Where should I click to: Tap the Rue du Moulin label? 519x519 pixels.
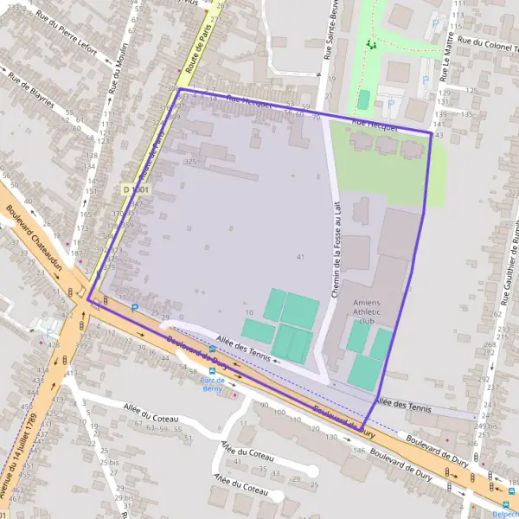(x=113, y=68)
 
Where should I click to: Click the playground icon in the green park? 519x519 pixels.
(x=371, y=44)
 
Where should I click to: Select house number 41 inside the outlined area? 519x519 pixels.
(x=300, y=257)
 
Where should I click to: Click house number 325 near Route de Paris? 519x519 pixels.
(x=189, y=162)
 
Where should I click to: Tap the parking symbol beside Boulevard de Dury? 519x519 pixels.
(x=135, y=306)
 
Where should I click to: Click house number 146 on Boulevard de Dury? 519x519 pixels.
(x=359, y=451)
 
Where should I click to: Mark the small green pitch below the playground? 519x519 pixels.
(x=363, y=99)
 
